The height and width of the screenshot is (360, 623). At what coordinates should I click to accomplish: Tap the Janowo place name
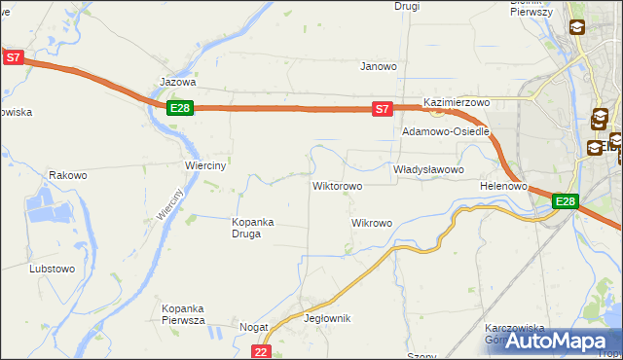pos(379,67)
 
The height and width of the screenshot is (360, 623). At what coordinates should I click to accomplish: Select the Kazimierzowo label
pos(456,102)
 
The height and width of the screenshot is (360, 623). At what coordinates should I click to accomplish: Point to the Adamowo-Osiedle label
pos(445,131)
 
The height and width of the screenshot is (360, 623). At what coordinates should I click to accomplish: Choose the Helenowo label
pos(503,186)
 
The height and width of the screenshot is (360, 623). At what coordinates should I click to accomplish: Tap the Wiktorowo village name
pos(337,186)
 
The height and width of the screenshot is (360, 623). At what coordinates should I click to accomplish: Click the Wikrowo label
pos(371,224)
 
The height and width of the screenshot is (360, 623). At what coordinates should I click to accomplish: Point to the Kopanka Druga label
pos(252,227)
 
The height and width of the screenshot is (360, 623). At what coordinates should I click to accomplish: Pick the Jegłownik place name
pos(327,319)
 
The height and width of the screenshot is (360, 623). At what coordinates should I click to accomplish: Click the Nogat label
pos(254,329)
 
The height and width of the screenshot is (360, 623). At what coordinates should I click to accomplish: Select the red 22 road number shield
pos(260,351)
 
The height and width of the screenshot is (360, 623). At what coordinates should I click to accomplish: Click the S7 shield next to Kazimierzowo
pos(384,110)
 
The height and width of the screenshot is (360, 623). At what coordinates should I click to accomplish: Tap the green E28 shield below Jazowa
pos(179,108)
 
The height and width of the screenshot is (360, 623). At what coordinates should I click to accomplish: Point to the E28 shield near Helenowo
pos(566,201)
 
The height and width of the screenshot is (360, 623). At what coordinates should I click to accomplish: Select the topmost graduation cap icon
pos(577,28)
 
